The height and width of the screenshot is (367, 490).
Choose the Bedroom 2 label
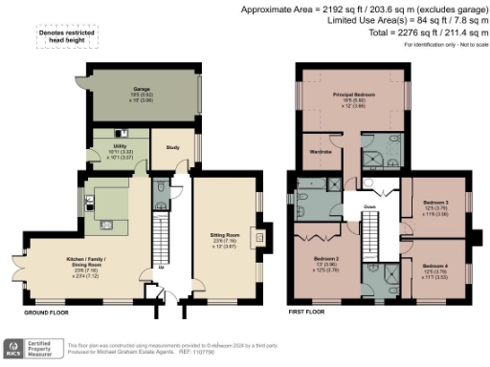click(327, 259)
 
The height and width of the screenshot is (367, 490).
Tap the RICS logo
click(15, 348)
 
